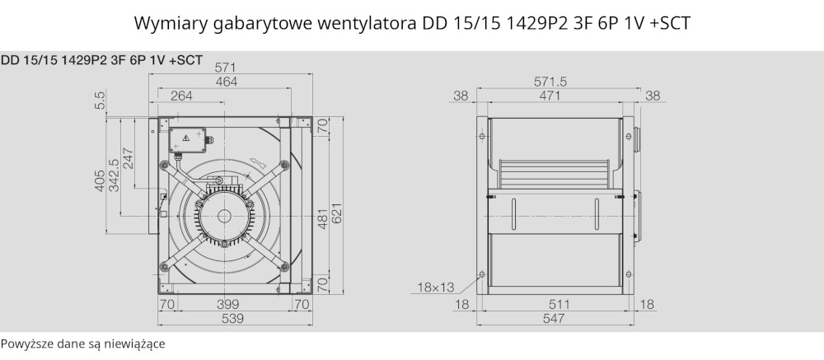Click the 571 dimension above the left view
pos(226,68)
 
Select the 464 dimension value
pos(227,82)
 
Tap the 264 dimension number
pos(181,96)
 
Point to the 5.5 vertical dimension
pos(101,100)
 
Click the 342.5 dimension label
pos(114,175)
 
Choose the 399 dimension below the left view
pos(227,304)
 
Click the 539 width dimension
pos(232,318)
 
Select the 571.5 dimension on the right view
pos(550,82)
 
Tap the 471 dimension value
pos(550,96)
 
